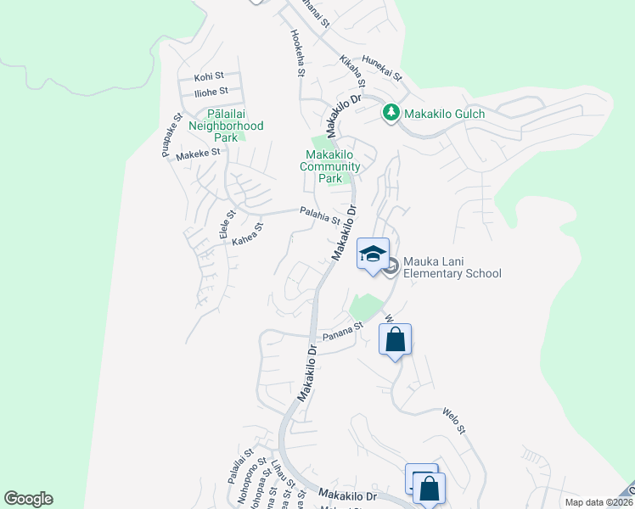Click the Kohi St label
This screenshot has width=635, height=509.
(208, 76)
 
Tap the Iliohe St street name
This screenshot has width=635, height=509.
(211, 91)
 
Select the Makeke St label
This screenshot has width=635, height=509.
(198, 154)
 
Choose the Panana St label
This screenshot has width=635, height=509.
(347, 330)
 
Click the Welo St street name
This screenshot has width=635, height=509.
(453, 420)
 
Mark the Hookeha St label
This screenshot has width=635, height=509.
(297, 54)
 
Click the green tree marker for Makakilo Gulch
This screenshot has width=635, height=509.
(391, 113)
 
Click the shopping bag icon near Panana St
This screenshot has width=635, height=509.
(396, 340)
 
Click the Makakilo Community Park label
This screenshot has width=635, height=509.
(331, 166)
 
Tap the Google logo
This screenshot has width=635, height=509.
(28, 499)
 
